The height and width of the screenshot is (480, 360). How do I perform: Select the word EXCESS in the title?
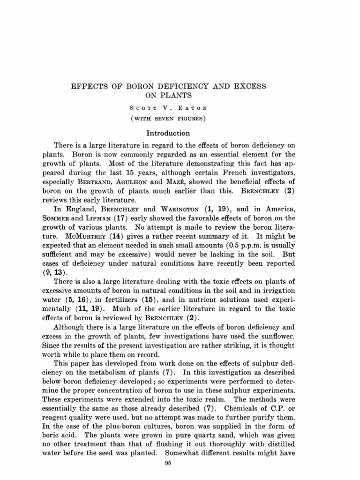[x=248, y=87]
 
